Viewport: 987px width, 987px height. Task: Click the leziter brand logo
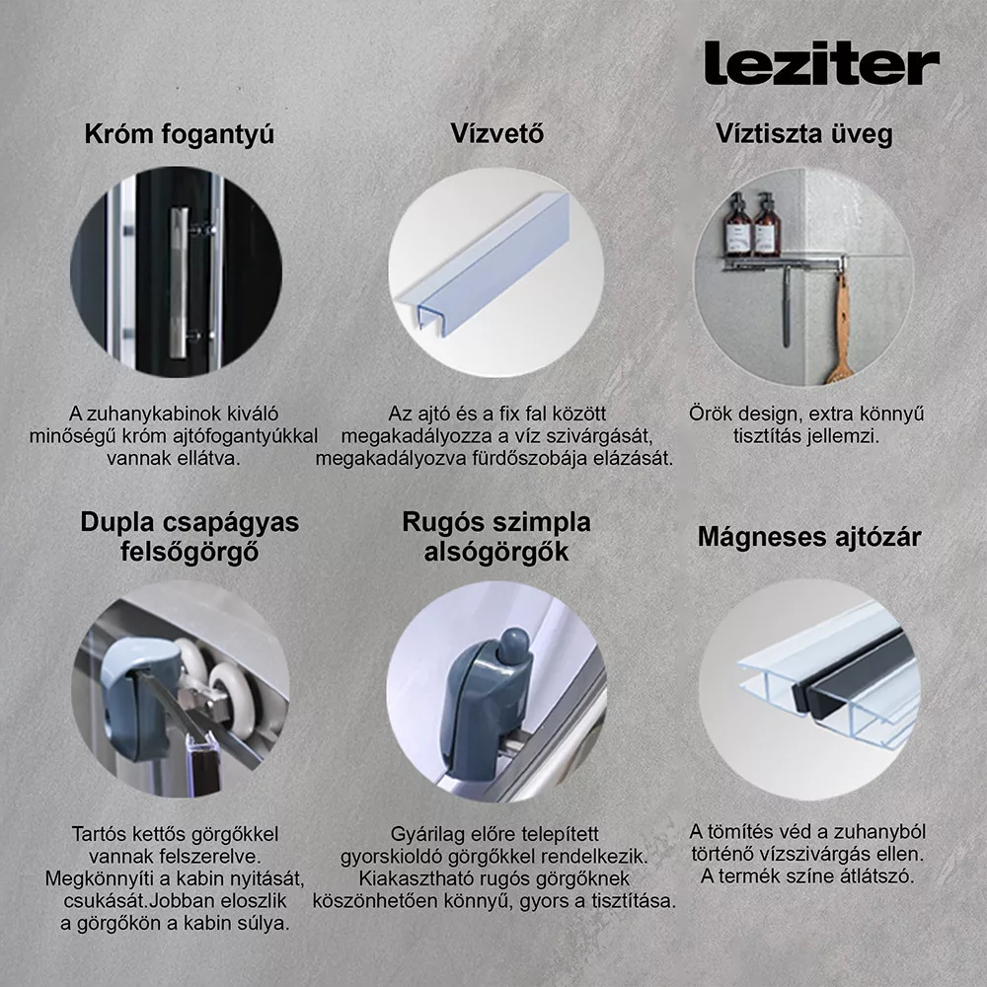821,62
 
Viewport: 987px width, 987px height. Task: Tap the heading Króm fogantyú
180,134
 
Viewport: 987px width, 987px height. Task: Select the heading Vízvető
496,133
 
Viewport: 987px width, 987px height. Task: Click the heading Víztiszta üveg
803,134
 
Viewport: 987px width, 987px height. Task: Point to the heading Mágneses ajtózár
809,537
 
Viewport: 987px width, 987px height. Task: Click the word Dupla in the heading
117,522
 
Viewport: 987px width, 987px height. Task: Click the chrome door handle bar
178,282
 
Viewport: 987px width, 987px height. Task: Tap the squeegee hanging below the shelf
786,302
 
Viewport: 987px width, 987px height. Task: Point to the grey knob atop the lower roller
512,645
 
